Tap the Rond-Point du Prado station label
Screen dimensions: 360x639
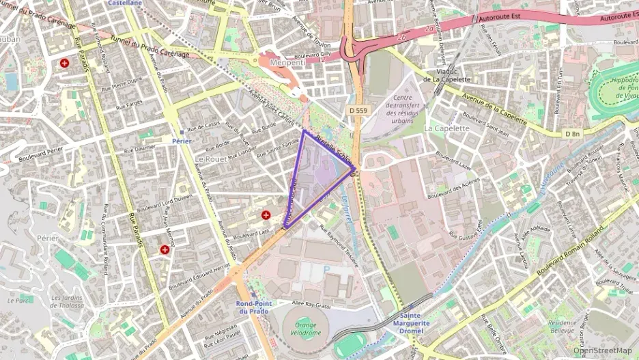point(255,307)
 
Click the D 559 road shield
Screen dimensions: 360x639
point(356,110)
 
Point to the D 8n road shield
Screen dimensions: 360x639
point(572,133)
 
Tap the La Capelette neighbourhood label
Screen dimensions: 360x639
point(446,128)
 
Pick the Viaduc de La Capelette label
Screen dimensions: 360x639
point(446,74)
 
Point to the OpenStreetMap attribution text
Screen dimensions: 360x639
point(602,351)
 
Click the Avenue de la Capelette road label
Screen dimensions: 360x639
point(494,110)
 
